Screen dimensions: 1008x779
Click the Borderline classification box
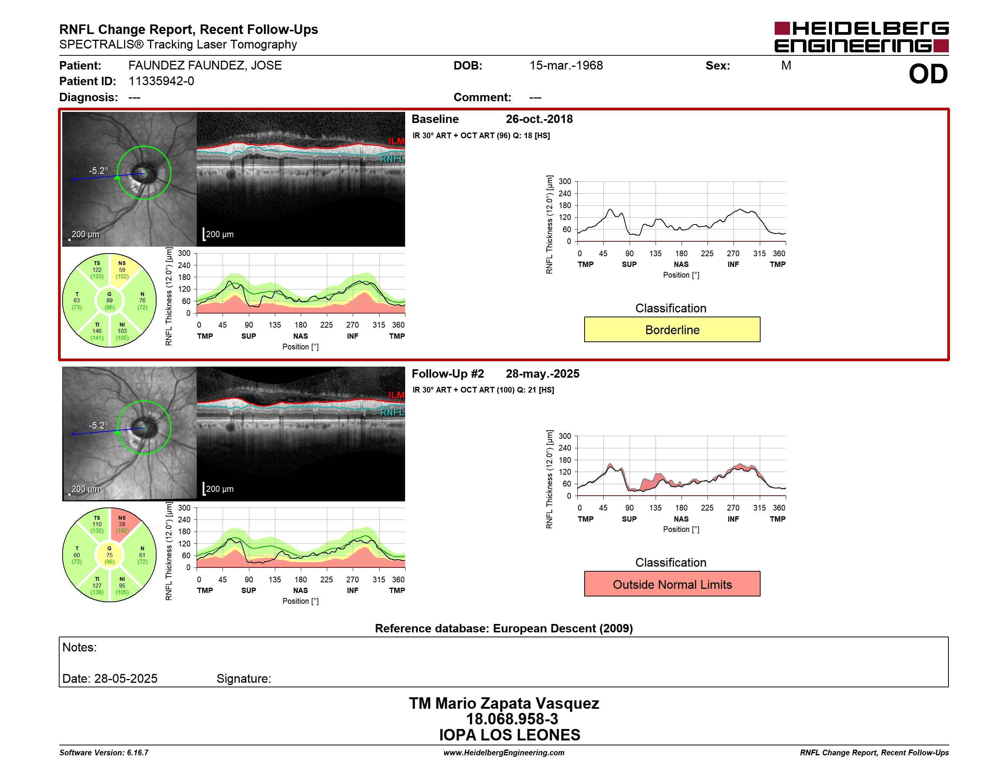[672, 330]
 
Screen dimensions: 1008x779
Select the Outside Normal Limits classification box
[672, 584]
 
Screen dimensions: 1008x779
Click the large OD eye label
[928, 74]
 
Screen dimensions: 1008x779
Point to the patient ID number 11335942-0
[161, 81]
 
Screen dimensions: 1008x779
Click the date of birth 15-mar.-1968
[566, 66]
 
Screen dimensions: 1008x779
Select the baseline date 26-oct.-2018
[539, 119]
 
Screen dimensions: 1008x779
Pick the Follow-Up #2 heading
[448, 374]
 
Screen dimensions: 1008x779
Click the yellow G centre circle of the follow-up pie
[109, 555]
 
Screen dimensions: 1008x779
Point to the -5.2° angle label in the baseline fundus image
[98, 171]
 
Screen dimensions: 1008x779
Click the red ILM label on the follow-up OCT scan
[396, 396]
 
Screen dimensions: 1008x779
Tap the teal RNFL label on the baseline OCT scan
[392, 159]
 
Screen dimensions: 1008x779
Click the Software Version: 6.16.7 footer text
[104, 753]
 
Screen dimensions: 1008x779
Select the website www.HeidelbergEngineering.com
[504, 753]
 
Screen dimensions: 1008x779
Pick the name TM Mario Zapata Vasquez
[504, 703]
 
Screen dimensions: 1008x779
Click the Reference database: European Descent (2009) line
[504, 629]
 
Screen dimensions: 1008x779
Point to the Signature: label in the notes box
[244, 679]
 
